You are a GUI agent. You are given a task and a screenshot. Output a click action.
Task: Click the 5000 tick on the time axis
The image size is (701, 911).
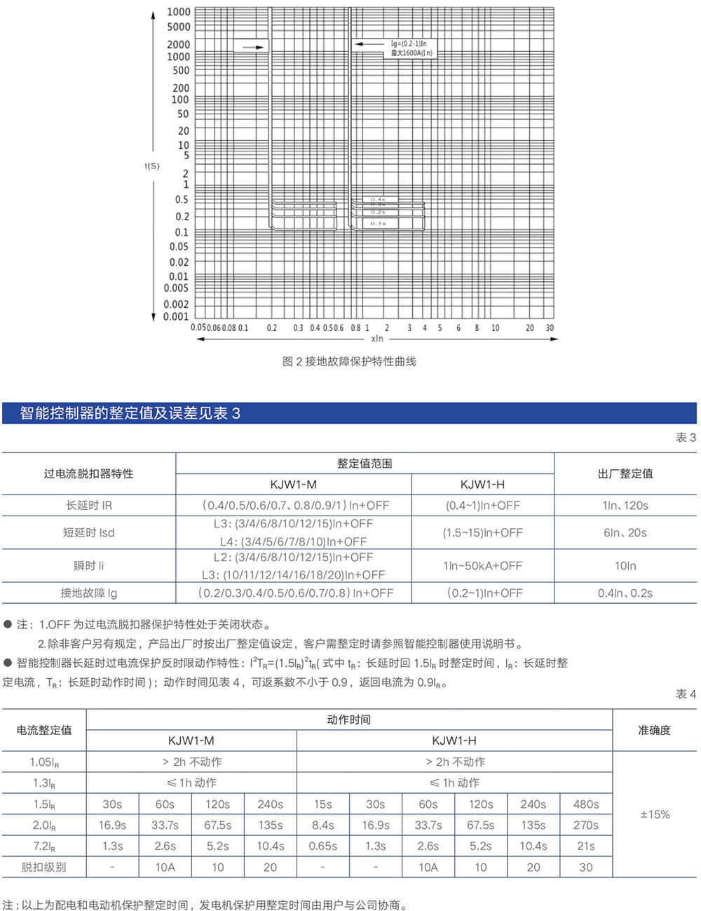(x=179, y=27)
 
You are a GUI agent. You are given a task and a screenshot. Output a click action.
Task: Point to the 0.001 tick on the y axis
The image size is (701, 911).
(x=176, y=317)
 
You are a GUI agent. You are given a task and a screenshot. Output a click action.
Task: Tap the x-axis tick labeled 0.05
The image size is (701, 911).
(x=198, y=328)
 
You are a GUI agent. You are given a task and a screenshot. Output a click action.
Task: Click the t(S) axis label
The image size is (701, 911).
(x=152, y=166)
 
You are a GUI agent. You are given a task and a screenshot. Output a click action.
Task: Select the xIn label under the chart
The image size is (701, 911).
(x=378, y=339)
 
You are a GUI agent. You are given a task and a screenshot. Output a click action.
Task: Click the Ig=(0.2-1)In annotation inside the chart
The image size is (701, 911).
(x=409, y=43)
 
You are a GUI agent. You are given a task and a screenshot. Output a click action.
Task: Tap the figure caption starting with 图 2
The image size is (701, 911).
(x=349, y=362)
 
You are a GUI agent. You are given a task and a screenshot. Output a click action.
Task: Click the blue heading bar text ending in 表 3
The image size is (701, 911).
(x=130, y=413)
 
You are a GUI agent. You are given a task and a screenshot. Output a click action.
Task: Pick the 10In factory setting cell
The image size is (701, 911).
(x=625, y=566)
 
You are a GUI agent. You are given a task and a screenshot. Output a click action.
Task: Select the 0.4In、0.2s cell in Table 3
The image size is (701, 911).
(x=625, y=593)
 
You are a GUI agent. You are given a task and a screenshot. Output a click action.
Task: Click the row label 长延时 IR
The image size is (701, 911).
(x=89, y=506)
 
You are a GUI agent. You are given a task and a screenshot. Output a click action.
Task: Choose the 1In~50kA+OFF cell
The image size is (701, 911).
(x=483, y=566)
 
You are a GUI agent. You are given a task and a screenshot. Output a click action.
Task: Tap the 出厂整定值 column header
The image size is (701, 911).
(x=625, y=474)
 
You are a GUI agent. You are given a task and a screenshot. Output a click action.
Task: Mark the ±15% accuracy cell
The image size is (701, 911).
(x=655, y=815)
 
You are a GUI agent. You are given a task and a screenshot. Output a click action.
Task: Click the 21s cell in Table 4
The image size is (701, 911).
(x=586, y=846)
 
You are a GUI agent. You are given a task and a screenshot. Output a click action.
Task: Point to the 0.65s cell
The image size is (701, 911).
(x=323, y=846)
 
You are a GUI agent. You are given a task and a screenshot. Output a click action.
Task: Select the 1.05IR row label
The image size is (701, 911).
(x=44, y=762)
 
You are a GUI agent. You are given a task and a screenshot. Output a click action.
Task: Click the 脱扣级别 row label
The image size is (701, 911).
(x=44, y=868)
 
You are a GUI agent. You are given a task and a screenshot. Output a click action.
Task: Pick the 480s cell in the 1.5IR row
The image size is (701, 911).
(x=586, y=804)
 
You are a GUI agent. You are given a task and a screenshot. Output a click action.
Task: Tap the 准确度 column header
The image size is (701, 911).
(x=655, y=731)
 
